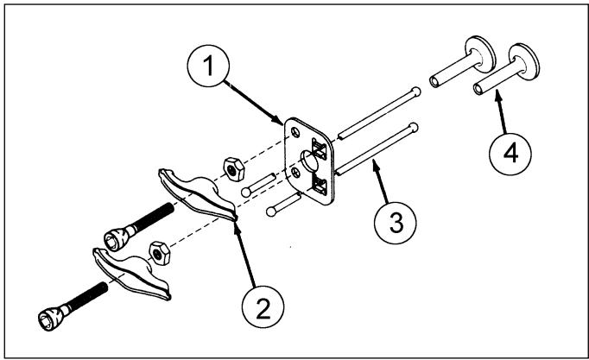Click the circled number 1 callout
coord(208,66)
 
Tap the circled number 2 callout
coord(263,306)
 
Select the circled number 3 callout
coord(396,223)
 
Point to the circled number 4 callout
coord(510,154)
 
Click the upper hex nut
coord(234,170)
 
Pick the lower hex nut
coord(160,254)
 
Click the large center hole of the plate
coord(309,161)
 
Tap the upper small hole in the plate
coord(296,132)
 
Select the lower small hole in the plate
coord(296,173)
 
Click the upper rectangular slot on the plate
coord(320,148)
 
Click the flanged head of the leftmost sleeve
coord(480,54)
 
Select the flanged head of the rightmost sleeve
coord(525,62)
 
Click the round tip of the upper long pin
coord(415,92)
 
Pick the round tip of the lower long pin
coord(413,127)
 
